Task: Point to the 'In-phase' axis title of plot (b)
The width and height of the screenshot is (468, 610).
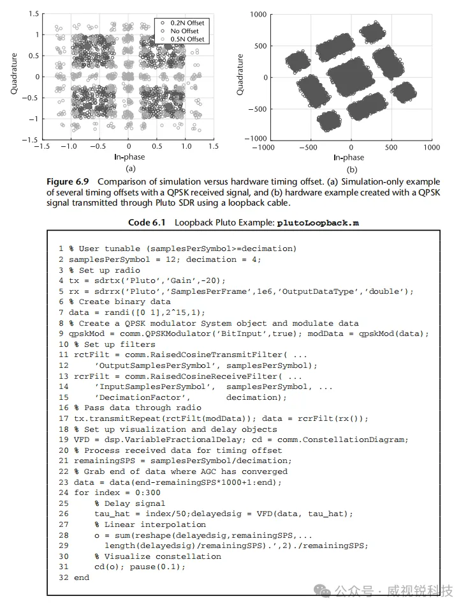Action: pos(348,157)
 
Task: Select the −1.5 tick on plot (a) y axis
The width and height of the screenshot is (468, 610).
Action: pos(31,139)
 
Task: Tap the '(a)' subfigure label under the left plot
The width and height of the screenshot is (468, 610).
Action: pos(130,169)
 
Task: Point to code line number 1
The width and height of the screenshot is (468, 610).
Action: pos(61,248)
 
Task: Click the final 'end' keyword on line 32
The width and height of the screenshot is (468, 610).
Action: pos(82,577)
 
